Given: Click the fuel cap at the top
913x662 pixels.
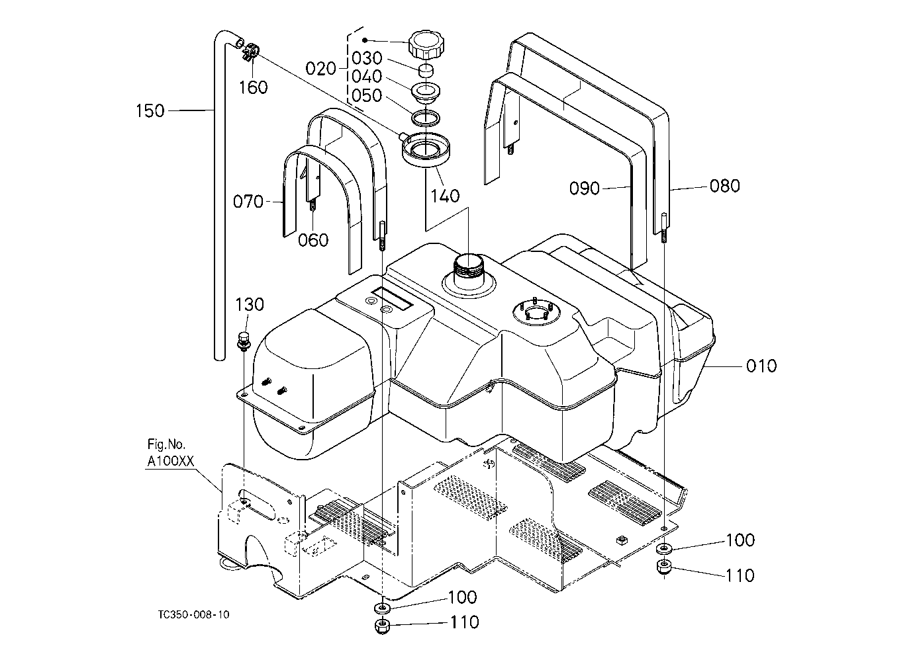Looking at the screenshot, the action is click(427, 44).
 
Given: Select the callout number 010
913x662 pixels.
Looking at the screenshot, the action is click(761, 366).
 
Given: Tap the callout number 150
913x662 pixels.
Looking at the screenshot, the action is click(150, 110).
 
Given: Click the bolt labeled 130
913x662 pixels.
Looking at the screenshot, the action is click(244, 341).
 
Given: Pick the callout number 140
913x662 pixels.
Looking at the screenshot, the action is click(445, 196).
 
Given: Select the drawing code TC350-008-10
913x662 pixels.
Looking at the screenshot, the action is click(193, 615).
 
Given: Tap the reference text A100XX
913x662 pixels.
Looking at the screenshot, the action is click(170, 462).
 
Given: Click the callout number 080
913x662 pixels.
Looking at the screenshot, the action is click(725, 186).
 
